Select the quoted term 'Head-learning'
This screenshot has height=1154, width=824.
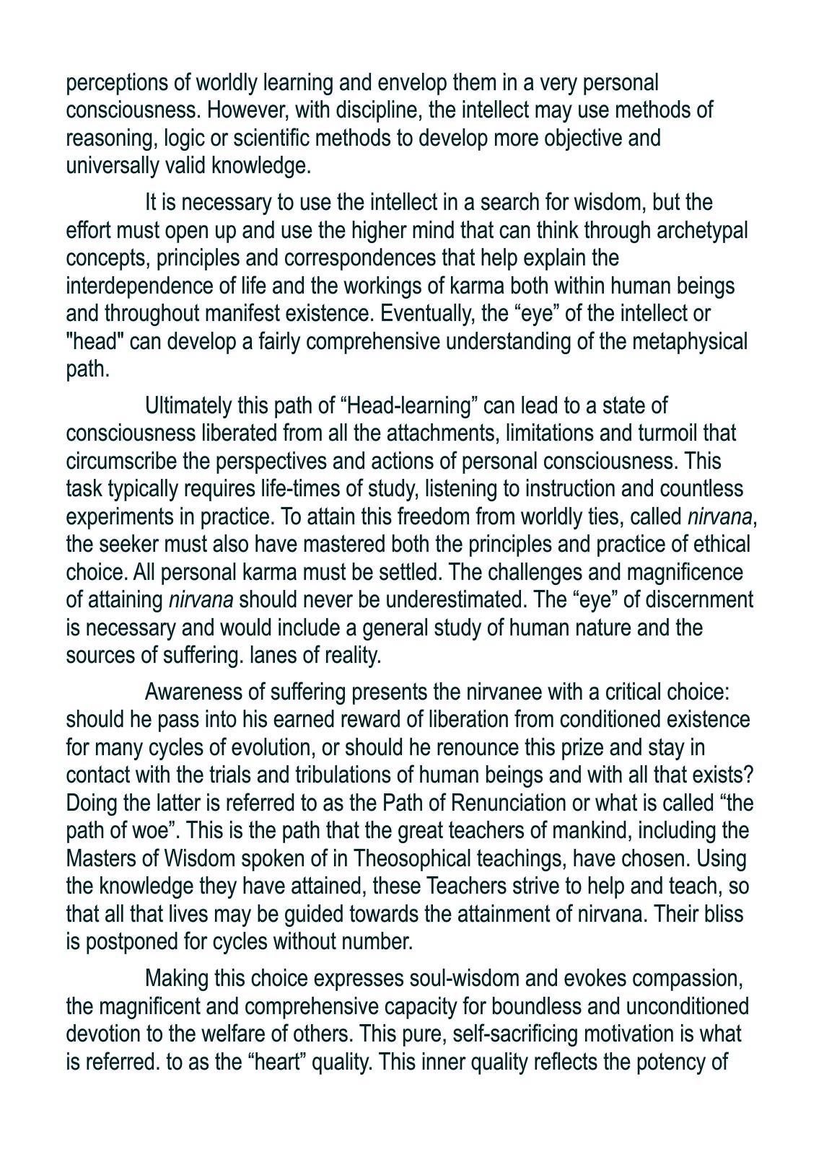[408, 406]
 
